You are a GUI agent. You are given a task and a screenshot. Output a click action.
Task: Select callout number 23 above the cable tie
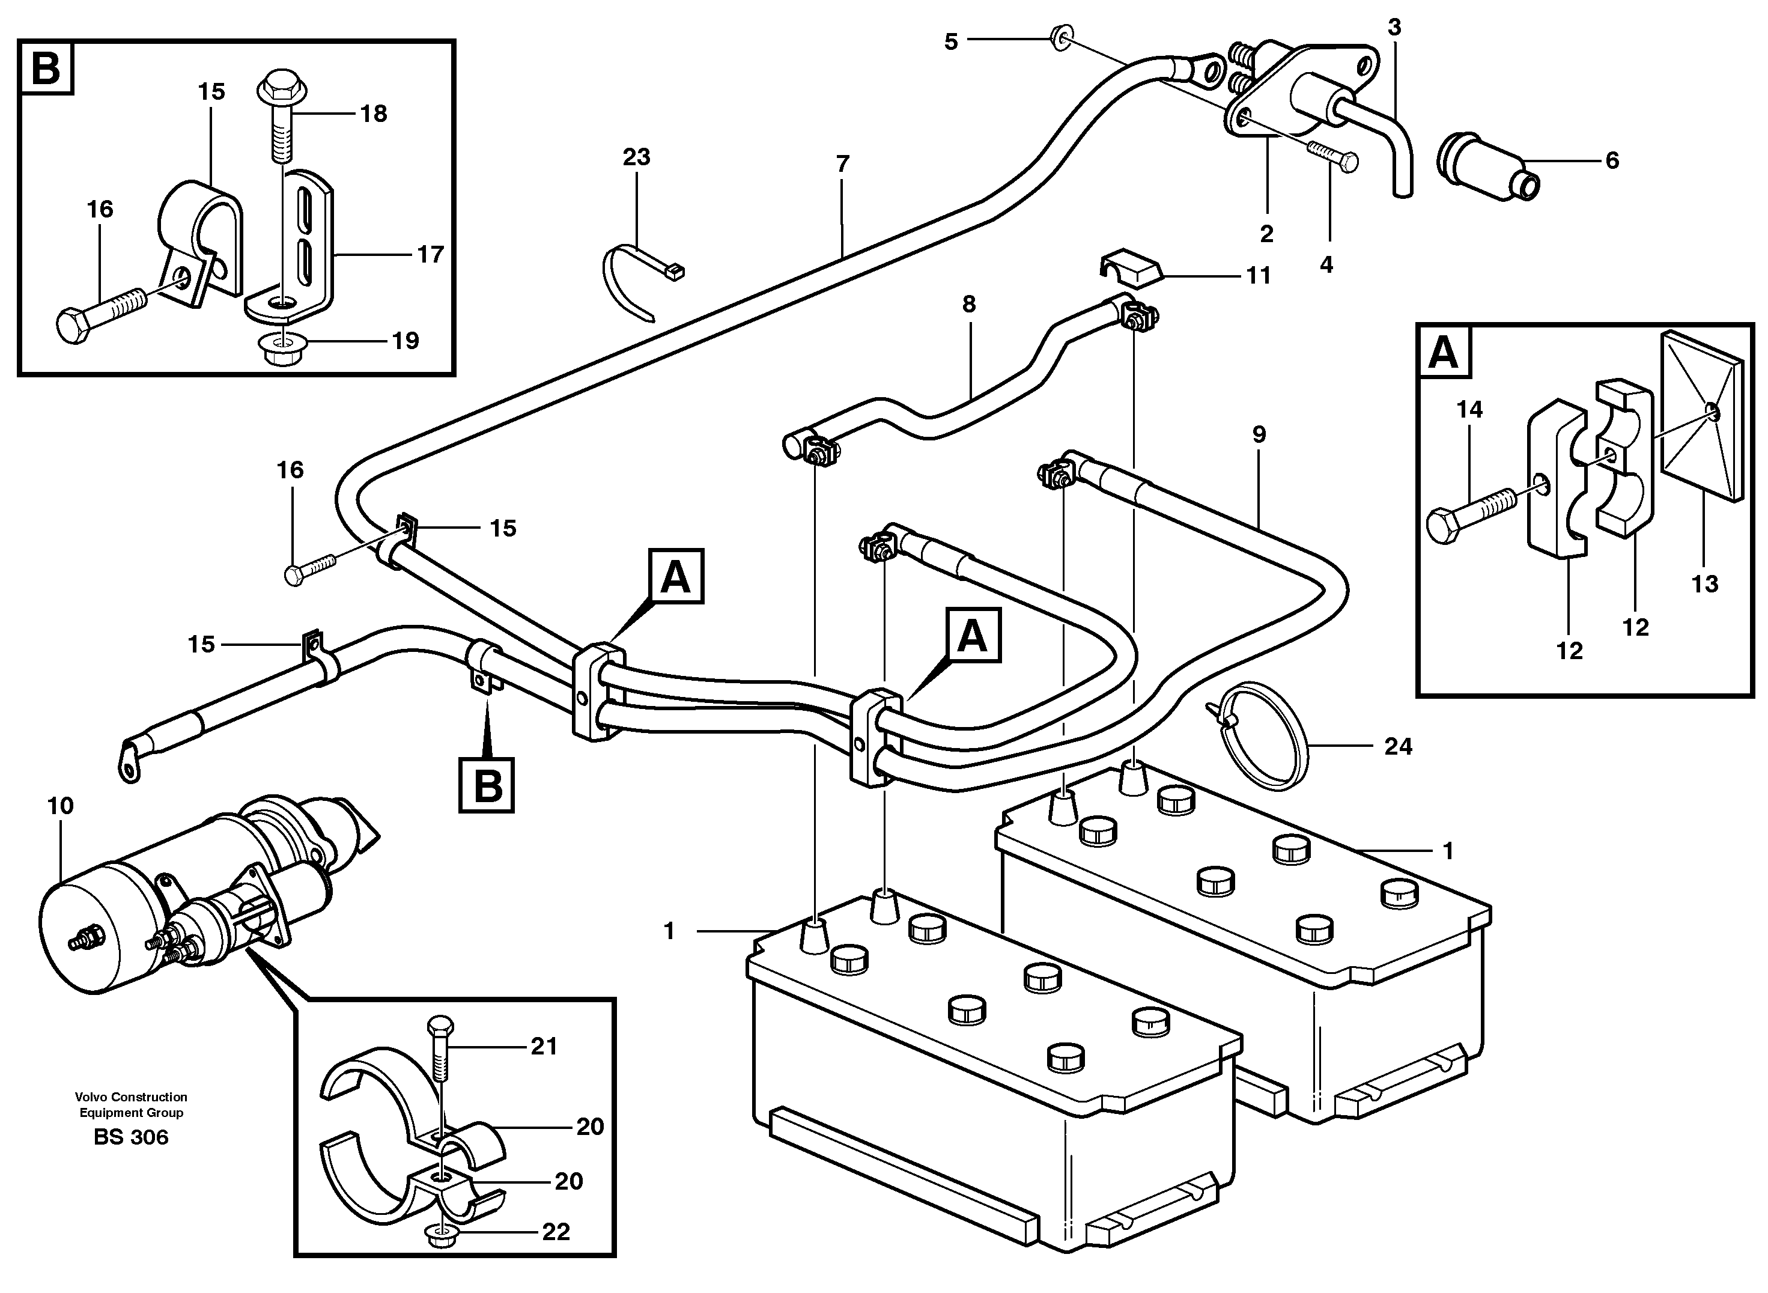coord(636,157)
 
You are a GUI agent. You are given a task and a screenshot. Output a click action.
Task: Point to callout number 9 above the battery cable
coord(1259,434)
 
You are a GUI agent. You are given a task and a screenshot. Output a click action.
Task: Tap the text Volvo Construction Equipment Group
coord(131,1104)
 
